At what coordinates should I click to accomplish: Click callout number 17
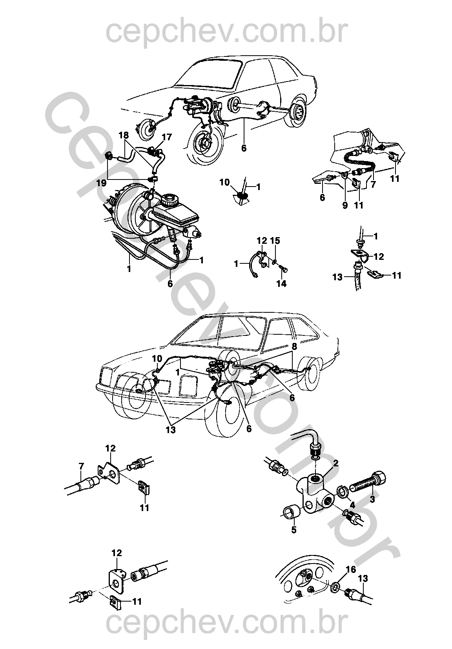pyautogui.click(x=166, y=137)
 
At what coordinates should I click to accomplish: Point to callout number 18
pyautogui.click(x=124, y=134)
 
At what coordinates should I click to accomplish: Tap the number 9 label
pyautogui.click(x=345, y=205)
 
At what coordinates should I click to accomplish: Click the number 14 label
pyautogui.click(x=281, y=283)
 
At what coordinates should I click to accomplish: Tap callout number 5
pyautogui.click(x=294, y=530)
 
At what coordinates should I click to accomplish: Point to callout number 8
pyautogui.click(x=294, y=347)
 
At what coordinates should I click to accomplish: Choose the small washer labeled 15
pyautogui.click(x=275, y=260)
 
